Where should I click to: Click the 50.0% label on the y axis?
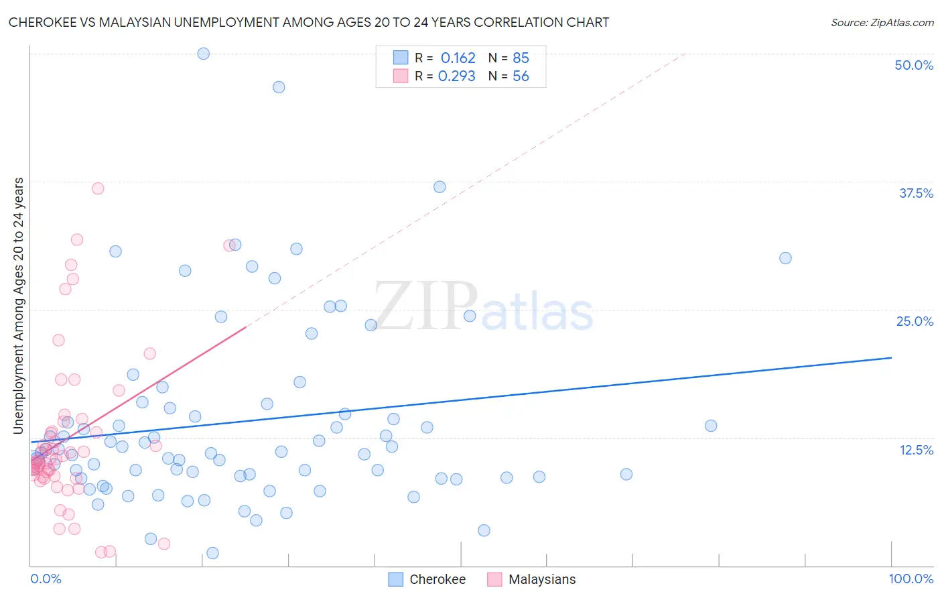point(914,65)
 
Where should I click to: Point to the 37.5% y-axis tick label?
point(916,193)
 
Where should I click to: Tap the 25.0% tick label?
point(915,321)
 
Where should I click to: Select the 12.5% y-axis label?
point(916,450)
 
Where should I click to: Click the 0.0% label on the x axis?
point(46,579)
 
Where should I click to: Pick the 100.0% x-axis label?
point(911,579)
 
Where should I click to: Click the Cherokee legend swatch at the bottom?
point(396,579)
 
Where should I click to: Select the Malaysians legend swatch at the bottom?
point(494,579)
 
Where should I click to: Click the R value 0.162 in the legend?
point(458,58)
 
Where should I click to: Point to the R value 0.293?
point(456,76)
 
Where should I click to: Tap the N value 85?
point(521,58)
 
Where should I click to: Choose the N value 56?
point(521,76)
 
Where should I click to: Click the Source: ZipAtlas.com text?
point(882,22)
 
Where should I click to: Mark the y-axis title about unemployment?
point(18,306)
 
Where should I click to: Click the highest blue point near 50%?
point(203,54)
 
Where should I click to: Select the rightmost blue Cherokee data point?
point(785,258)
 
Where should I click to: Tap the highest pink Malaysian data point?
point(98,188)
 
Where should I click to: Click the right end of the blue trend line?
point(891,358)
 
